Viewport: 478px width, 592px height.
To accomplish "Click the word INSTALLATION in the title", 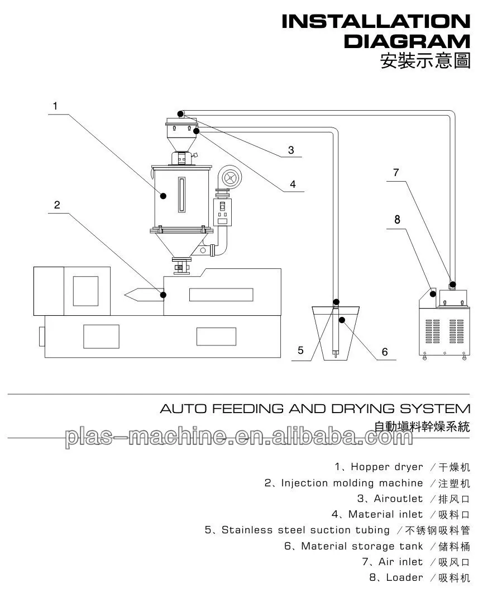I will (x=375, y=22).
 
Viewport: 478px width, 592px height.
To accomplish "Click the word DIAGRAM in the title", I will (x=407, y=41).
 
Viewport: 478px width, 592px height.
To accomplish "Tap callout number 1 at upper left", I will (x=55, y=105).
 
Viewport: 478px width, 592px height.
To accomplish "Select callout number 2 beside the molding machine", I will (x=57, y=205).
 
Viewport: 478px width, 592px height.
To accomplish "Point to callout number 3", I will (x=291, y=150).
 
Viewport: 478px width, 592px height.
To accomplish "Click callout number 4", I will (x=292, y=184).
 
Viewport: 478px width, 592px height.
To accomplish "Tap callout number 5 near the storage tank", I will (x=300, y=351).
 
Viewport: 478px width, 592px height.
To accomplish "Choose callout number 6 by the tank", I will (x=384, y=352).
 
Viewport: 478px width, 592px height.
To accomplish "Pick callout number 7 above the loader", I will (x=396, y=173).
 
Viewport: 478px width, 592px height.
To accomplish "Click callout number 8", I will (x=397, y=219).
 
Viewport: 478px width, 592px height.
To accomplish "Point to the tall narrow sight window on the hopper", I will (x=181, y=195).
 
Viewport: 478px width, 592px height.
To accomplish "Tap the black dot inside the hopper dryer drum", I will (x=164, y=196).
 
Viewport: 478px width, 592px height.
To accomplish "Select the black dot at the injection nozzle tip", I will (x=164, y=294).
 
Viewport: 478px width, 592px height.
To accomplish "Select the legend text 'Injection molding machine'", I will (x=352, y=482).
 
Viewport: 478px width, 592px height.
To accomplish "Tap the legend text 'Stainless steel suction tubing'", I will (x=305, y=530).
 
